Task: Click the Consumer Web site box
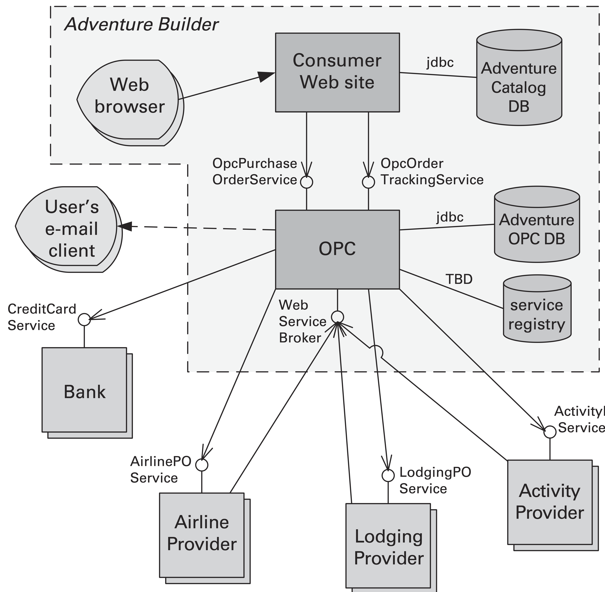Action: click(337, 72)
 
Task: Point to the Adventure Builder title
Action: click(142, 24)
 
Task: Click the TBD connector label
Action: click(459, 279)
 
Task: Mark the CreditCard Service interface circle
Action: click(84, 319)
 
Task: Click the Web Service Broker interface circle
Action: click(337, 317)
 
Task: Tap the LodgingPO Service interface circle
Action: click(388, 475)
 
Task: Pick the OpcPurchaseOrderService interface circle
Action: click(307, 182)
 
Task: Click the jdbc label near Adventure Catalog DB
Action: click(440, 62)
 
